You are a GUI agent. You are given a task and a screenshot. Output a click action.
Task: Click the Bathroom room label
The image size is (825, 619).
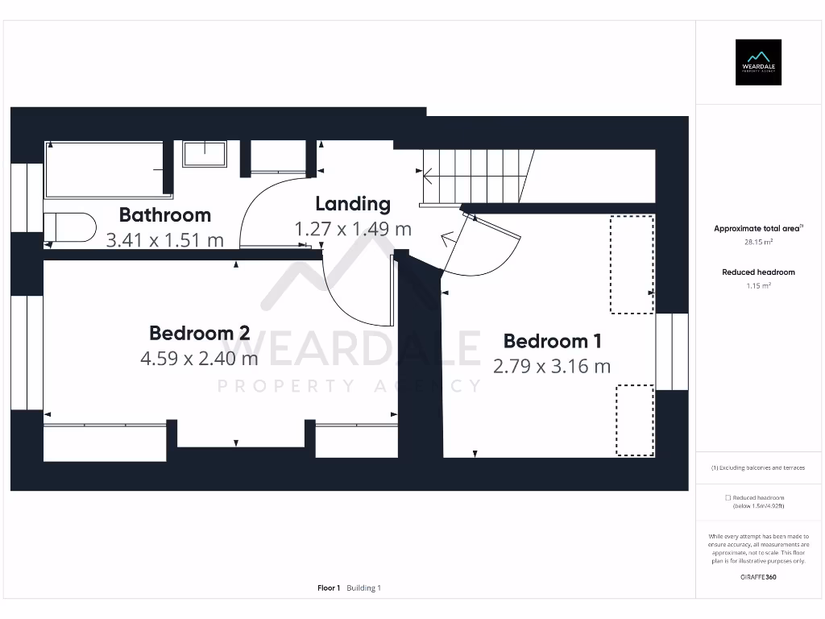pyautogui.click(x=164, y=214)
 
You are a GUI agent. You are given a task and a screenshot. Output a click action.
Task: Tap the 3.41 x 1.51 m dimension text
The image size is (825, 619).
pyautogui.click(x=164, y=240)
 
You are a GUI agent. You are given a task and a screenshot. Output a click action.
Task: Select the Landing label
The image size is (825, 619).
pyautogui.click(x=353, y=204)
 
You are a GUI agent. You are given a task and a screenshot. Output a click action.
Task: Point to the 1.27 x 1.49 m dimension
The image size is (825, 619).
pyautogui.click(x=353, y=229)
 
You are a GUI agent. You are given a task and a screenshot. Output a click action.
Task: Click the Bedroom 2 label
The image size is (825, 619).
pyautogui.click(x=200, y=333)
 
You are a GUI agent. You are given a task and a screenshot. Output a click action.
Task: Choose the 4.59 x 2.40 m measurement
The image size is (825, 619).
pyautogui.click(x=200, y=359)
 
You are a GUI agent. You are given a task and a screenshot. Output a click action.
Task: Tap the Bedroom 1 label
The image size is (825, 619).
pyautogui.click(x=553, y=341)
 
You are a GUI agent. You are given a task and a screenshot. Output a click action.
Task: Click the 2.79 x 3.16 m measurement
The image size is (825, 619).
pyautogui.click(x=552, y=367)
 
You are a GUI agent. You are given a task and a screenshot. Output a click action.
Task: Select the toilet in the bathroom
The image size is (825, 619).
pyautogui.click(x=70, y=227)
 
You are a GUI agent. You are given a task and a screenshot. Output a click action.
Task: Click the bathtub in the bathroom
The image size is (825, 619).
pyautogui.click(x=109, y=169)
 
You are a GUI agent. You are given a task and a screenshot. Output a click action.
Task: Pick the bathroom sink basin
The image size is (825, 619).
pyautogui.click(x=205, y=154)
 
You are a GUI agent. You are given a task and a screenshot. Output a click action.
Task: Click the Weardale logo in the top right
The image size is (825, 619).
pyautogui.click(x=758, y=62)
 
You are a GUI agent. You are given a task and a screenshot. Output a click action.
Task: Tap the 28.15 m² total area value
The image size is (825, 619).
pyautogui.click(x=758, y=242)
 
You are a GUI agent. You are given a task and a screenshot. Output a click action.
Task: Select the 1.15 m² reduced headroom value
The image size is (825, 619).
pyautogui.click(x=758, y=286)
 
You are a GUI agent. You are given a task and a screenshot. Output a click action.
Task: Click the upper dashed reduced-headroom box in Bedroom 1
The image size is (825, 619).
pyautogui.click(x=632, y=264)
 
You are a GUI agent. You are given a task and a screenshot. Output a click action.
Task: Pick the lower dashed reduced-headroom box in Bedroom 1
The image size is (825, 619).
pyautogui.click(x=635, y=420)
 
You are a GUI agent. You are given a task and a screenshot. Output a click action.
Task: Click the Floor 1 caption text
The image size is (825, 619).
pyautogui.click(x=329, y=588)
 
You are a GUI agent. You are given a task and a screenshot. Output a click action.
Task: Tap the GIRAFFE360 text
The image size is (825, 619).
pyautogui.click(x=758, y=577)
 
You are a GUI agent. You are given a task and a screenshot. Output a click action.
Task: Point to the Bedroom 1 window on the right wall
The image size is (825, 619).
pyautogui.click(x=672, y=351)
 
